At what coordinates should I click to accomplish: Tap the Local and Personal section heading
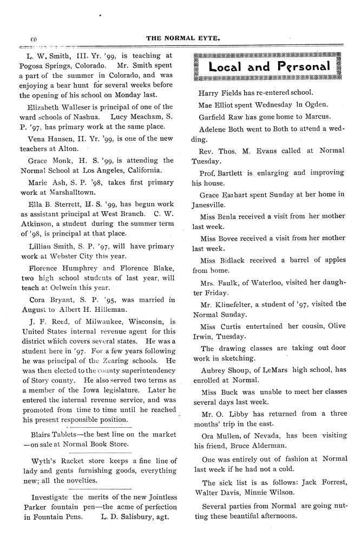point(269,67)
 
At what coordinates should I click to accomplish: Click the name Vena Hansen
point(48,139)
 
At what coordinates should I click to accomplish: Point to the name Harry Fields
point(221,93)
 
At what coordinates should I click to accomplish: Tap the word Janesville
point(216,205)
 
